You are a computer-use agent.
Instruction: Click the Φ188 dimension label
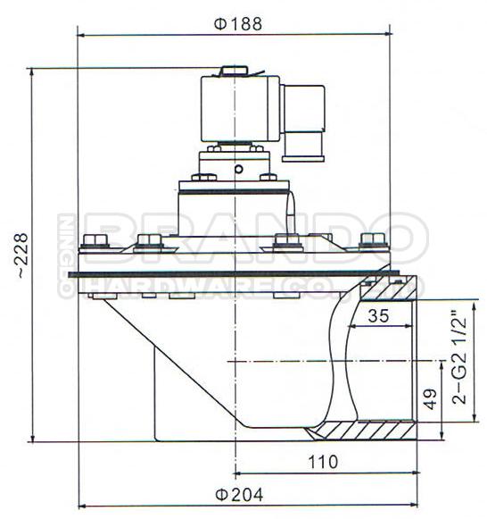pyautogui.click(x=238, y=24)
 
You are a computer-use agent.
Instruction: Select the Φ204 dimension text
pyautogui.click(x=239, y=495)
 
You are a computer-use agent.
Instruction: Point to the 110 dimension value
pyautogui.click(x=323, y=462)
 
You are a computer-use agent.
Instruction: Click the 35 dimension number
pyautogui.click(x=378, y=315)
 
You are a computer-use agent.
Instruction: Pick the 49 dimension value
pyautogui.click(x=430, y=398)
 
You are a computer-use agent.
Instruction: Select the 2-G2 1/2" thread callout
pyautogui.click(x=459, y=357)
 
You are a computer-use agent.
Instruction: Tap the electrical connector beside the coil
pyautogui.click(x=302, y=123)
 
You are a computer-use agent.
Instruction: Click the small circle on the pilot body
pyautogui.click(x=238, y=169)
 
